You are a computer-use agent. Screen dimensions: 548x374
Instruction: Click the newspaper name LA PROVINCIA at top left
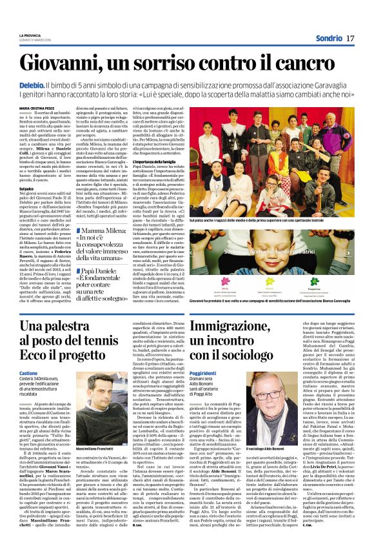click(x=30, y=35)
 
